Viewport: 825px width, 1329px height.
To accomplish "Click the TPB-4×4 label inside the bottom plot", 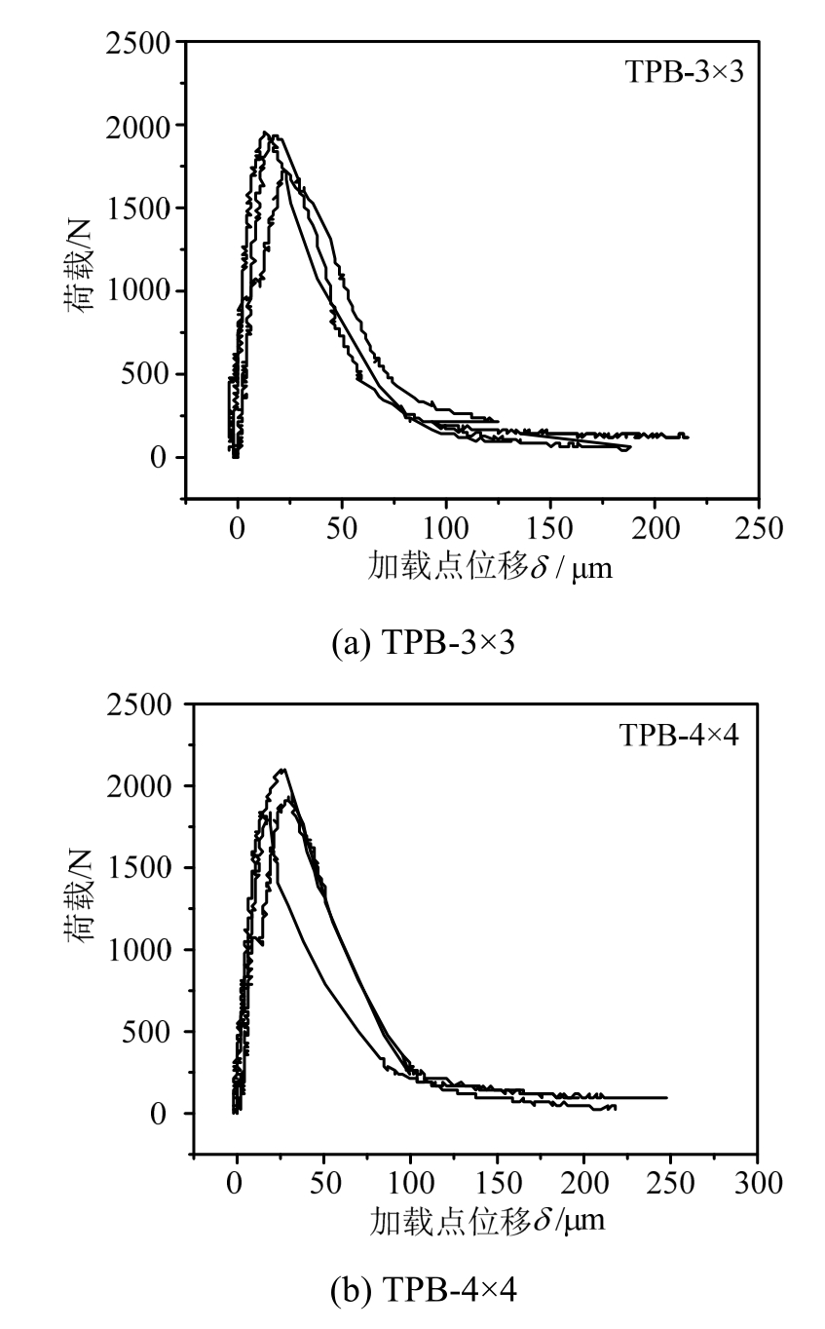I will coord(679,734).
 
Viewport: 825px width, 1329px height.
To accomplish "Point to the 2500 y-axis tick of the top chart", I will coord(139,43).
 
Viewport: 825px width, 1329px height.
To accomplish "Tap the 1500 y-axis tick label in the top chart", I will coord(139,209).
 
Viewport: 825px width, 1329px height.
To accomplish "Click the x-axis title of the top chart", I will coord(491,566).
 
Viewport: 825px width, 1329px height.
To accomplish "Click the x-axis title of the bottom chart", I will coord(487,1221).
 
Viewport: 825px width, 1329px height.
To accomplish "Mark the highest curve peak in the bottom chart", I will coord(282,770).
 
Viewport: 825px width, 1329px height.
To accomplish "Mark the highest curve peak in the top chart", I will coord(265,133).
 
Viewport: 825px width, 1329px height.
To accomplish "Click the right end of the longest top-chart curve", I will coord(688,437).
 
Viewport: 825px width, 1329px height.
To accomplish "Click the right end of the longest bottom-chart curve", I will coord(666,1097).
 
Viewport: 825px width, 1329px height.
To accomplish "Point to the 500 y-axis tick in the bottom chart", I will coord(148,1031).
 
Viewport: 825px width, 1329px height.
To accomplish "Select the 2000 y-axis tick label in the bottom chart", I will coord(139,785).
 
